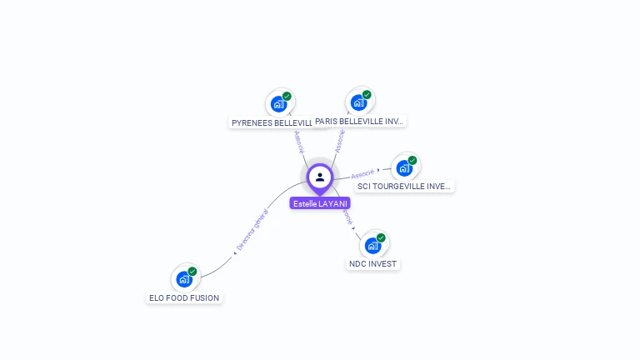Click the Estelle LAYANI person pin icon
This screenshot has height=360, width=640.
(x=320, y=177)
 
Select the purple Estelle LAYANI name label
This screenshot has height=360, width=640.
(x=320, y=203)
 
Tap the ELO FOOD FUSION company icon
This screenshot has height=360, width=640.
(x=184, y=279)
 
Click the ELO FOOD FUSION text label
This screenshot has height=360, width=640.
(x=184, y=297)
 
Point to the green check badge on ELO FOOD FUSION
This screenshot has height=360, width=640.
(x=192, y=272)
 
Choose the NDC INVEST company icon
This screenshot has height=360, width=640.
(x=372, y=245)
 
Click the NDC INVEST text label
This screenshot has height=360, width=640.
(x=373, y=264)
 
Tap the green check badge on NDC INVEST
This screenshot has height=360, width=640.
(x=381, y=238)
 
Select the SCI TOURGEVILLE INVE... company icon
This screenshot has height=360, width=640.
(x=404, y=167)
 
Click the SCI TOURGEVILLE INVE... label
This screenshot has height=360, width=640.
(x=403, y=187)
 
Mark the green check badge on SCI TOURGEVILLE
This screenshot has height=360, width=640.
(x=412, y=160)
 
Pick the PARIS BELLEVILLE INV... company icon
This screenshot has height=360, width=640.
(x=358, y=102)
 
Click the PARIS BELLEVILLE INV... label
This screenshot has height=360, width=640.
(x=359, y=122)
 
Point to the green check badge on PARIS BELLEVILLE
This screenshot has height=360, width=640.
(x=367, y=95)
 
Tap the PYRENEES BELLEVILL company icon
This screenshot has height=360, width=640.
(x=278, y=104)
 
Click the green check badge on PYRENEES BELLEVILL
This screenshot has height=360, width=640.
(x=287, y=97)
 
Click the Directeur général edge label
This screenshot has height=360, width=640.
(x=252, y=231)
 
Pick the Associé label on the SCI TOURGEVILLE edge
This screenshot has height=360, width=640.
(x=362, y=174)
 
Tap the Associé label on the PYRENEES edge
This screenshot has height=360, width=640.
(x=299, y=142)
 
